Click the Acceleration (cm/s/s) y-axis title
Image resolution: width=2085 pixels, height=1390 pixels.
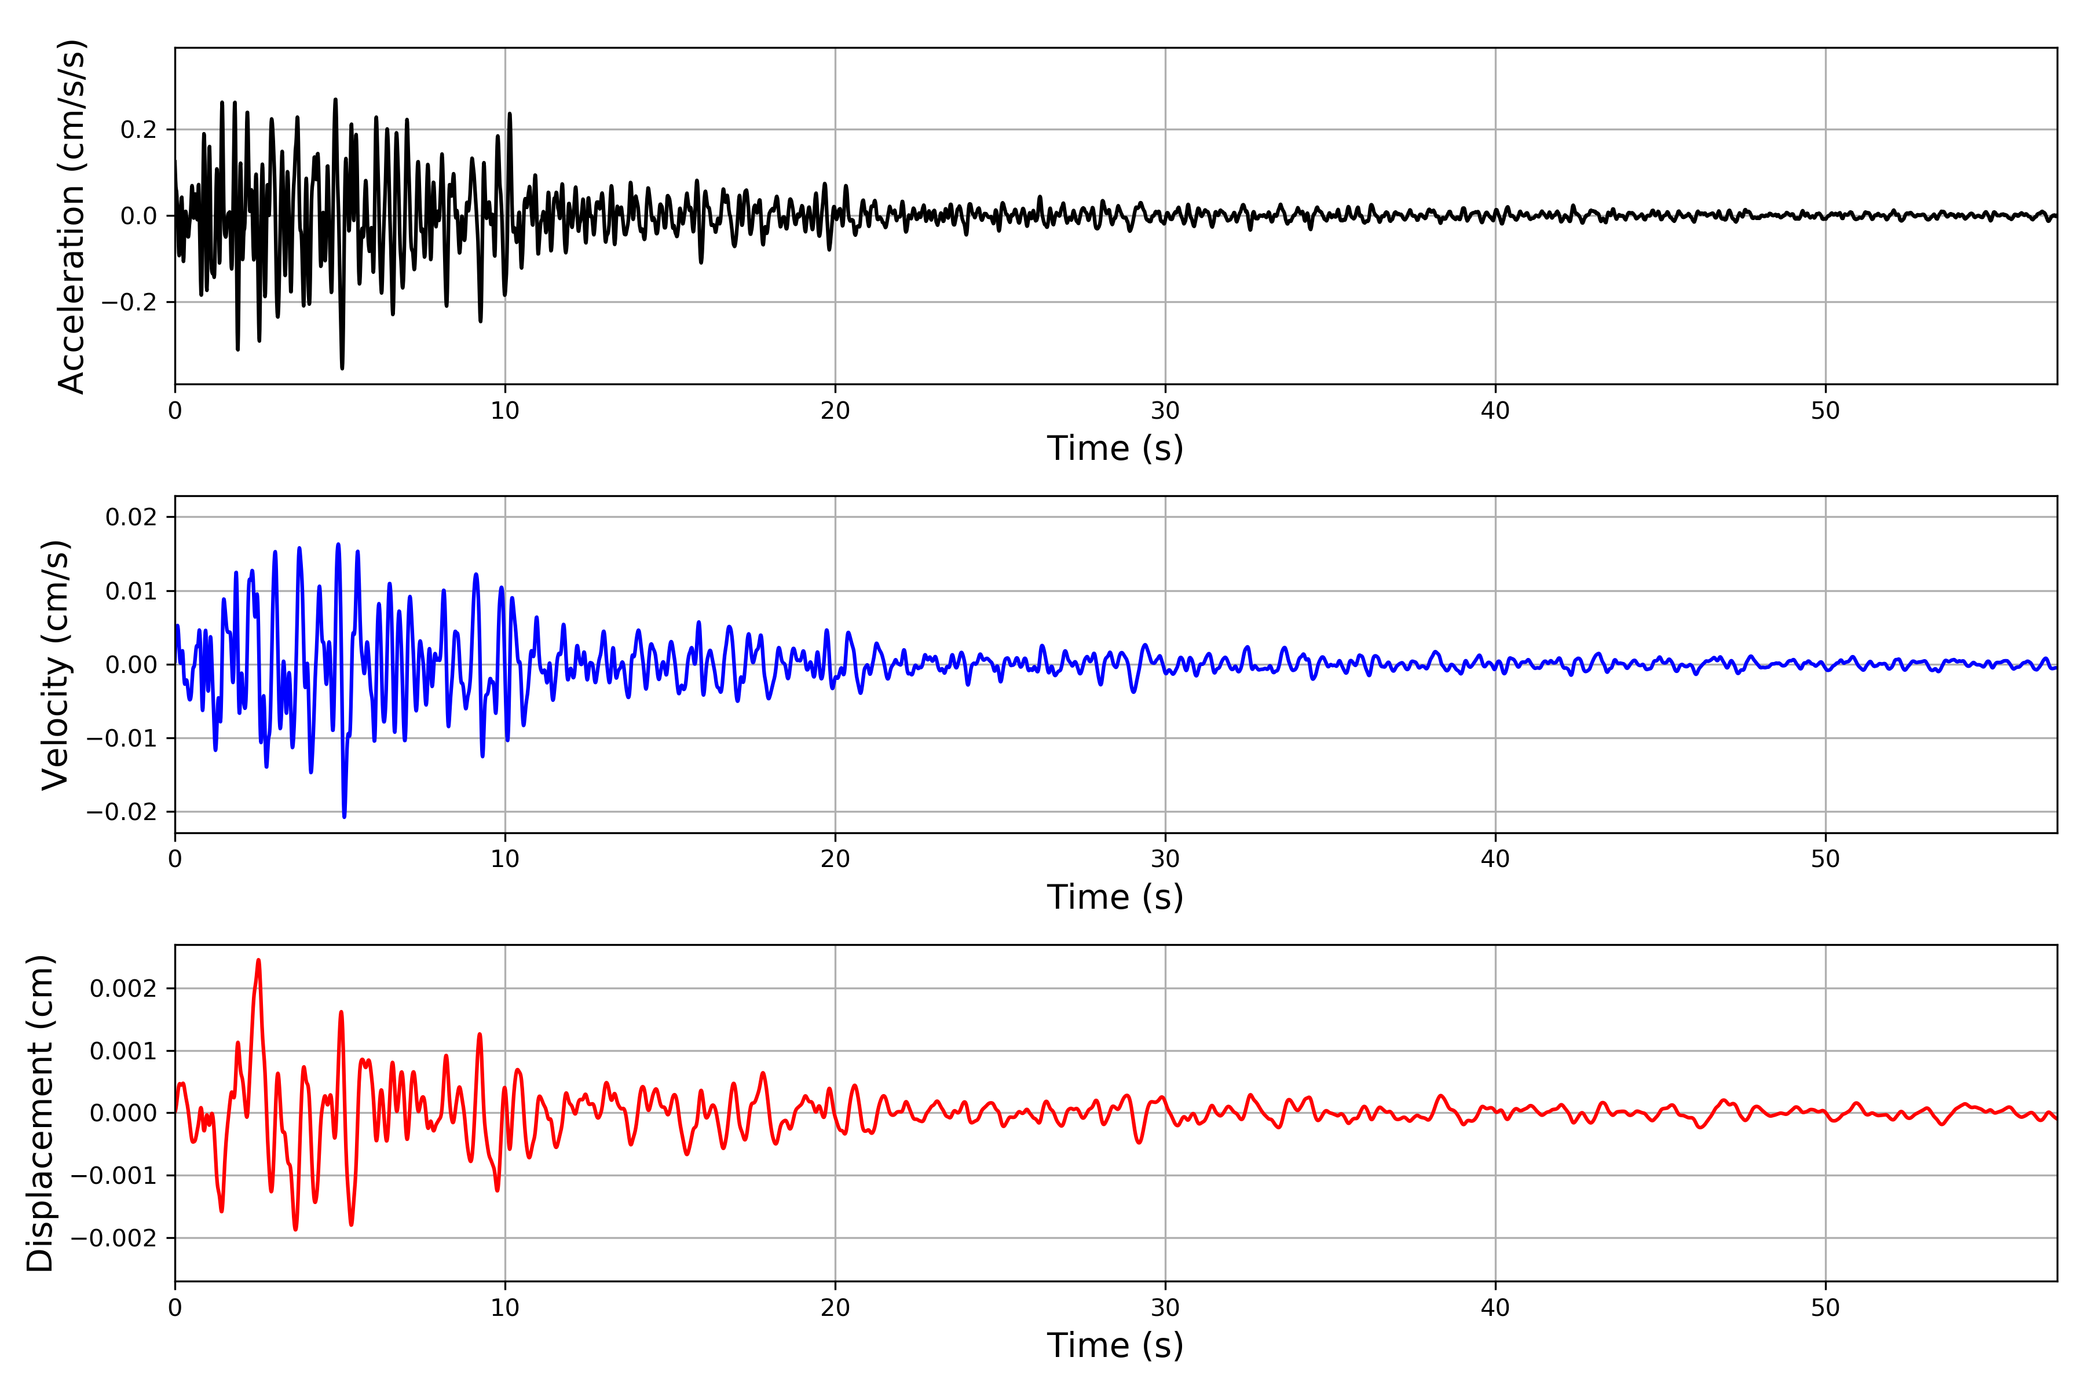(x=71, y=216)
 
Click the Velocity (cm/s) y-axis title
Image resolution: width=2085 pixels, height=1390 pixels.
(x=56, y=665)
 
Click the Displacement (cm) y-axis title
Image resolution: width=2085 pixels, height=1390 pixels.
(x=41, y=1113)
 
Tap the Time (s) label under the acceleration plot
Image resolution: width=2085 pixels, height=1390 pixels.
(x=1115, y=448)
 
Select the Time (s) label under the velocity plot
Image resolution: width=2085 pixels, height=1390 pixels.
(x=1115, y=897)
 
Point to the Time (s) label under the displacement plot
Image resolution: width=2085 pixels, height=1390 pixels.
(x=1115, y=1345)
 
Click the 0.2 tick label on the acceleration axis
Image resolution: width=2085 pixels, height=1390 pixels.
(x=138, y=130)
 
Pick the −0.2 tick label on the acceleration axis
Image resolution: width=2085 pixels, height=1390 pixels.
(x=129, y=302)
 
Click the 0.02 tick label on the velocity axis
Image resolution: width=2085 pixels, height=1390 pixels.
(x=131, y=517)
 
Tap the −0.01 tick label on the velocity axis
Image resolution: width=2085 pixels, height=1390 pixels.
(x=122, y=738)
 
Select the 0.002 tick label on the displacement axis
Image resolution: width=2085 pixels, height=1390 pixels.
(x=123, y=989)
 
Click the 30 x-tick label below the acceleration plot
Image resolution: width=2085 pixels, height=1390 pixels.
(x=1165, y=411)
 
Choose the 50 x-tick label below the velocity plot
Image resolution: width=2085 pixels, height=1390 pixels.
(x=1826, y=859)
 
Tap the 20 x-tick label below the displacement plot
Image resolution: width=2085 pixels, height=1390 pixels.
(x=835, y=1308)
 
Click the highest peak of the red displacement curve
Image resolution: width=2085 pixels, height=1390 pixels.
(x=258, y=960)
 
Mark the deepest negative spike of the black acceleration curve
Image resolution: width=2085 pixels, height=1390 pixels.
(x=342, y=368)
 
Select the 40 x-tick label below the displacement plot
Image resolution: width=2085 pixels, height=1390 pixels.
(x=1495, y=1308)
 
